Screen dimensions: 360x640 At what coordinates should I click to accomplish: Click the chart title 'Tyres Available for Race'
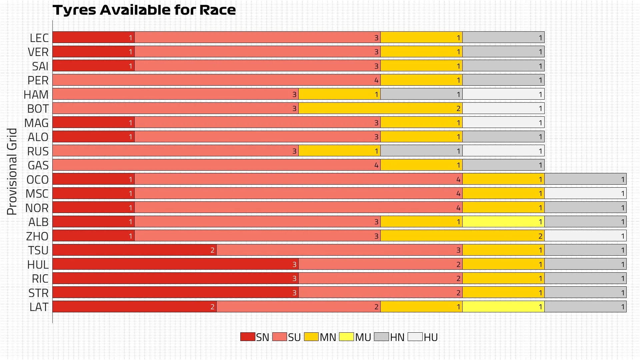pyautogui.click(x=144, y=10)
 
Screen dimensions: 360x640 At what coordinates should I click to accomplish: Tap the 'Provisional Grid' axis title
pyautogui.click(x=12, y=172)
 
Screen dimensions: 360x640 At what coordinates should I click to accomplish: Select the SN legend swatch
pyautogui.click(x=248, y=337)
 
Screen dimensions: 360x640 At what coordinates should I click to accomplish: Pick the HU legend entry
pyautogui.click(x=423, y=337)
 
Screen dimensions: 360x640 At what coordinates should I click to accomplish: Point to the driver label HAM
pyautogui.click(x=36, y=95)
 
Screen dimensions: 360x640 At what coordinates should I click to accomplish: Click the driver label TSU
pyautogui.click(x=38, y=250)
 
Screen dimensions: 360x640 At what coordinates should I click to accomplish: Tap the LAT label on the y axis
pyautogui.click(x=39, y=307)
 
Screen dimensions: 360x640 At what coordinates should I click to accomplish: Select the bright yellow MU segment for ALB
pyautogui.click(x=503, y=222)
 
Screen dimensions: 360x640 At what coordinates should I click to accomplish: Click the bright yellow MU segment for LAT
pyautogui.click(x=503, y=307)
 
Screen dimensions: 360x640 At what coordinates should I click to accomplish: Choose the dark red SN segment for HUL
pyautogui.click(x=175, y=264)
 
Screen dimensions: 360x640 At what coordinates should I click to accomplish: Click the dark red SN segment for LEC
pyautogui.click(x=93, y=37)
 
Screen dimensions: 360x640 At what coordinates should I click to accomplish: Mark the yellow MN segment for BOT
pyautogui.click(x=380, y=108)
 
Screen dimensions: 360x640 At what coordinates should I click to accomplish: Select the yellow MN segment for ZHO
pyautogui.click(x=462, y=236)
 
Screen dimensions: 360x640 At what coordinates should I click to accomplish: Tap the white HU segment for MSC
pyautogui.click(x=585, y=193)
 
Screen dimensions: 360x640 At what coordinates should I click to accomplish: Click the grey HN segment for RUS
pyautogui.click(x=421, y=151)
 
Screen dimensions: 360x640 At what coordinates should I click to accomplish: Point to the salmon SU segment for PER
pyautogui.click(x=216, y=80)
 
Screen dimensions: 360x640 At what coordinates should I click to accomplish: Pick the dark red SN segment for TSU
pyautogui.click(x=134, y=250)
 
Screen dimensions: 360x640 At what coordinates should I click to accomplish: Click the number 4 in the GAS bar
pyautogui.click(x=376, y=165)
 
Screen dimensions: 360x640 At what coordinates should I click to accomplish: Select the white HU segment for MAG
pyautogui.click(x=503, y=123)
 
